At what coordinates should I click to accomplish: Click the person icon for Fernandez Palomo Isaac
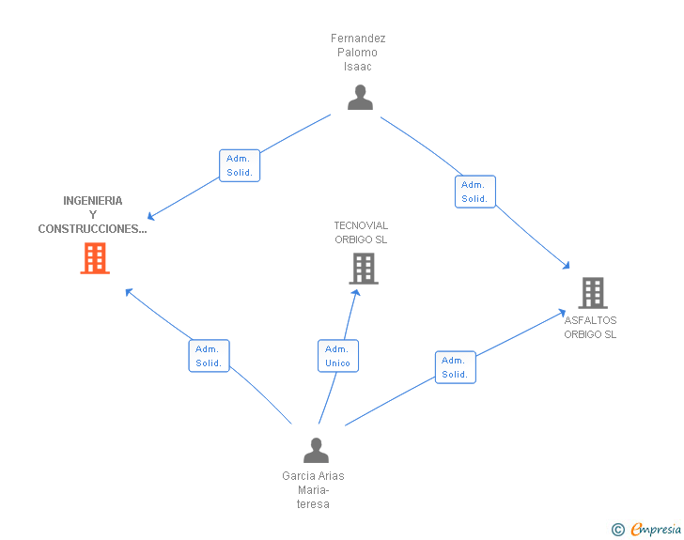[x=360, y=97]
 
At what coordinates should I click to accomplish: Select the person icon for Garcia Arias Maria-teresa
[x=316, y=451]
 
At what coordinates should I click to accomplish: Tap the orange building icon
[x=95, y=258]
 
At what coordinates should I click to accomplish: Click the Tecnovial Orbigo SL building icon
[x=363, y=269]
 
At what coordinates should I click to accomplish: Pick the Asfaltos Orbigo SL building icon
[x=592, y=293]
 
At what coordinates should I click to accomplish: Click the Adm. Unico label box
[x=337, y=356]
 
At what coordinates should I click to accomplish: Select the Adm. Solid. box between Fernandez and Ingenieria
[x=239, y=165]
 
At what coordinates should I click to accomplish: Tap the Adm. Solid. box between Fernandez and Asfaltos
[x=474, y=192]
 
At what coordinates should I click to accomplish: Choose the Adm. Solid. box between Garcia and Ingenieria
[x=209, y=356]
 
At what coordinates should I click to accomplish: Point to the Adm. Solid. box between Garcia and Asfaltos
[x=455, y=367]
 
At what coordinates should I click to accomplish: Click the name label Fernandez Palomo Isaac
[x=358, y=53]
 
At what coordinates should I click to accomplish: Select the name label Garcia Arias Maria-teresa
[x=313, y=489]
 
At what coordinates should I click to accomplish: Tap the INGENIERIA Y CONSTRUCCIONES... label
[x=93, y=215]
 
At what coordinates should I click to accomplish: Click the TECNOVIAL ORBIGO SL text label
[x=361, y=232]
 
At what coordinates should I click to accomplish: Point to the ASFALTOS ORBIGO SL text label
[x=591, y=327]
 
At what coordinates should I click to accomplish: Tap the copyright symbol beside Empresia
[x=618, y=530]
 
